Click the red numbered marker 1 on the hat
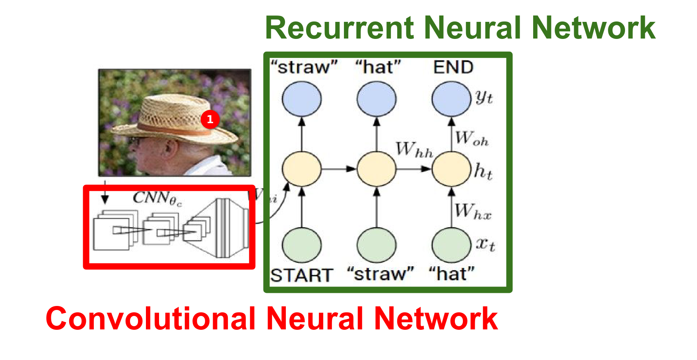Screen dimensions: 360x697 210,119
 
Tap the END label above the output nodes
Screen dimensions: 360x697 453,67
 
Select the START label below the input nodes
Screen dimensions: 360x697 302,275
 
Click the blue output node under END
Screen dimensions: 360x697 451,99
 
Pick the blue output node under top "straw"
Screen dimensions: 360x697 302,99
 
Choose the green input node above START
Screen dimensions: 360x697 302,245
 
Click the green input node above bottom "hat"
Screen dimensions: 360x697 451,245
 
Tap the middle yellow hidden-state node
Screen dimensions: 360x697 377,169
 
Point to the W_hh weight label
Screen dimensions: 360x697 414,150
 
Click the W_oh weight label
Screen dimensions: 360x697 472,138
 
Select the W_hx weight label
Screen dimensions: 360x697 473,211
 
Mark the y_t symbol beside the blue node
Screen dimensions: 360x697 484,97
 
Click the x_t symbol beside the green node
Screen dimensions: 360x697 485,244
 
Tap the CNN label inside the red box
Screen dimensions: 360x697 157,198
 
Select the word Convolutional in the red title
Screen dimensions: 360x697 150,319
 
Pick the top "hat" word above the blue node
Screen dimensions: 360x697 378,67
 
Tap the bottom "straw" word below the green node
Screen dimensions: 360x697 380,274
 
